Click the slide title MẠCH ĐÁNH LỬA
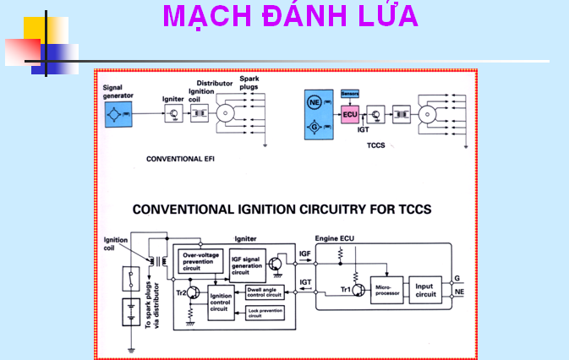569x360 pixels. (289, 17)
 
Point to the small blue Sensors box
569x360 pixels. (350, 93)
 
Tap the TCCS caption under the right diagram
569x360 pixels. (376, 145)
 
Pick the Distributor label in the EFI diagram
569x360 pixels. (215, 84)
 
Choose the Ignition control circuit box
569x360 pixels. (222, 302)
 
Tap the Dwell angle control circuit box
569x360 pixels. (264, 292)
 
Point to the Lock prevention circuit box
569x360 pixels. (264, 314)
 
